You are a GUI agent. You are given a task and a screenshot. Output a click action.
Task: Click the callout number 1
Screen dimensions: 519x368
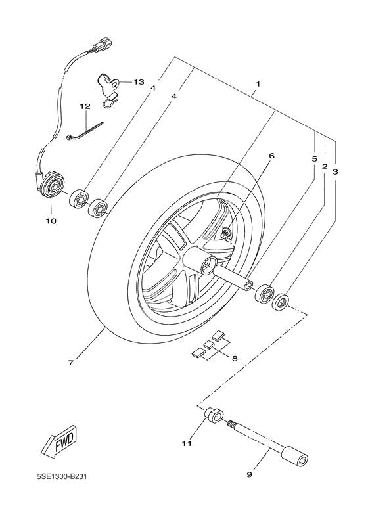coord(258,84)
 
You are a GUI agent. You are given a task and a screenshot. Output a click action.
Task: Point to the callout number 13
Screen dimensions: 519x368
coord(138,82)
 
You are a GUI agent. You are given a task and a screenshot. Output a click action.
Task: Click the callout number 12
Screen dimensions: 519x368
coord(84,106)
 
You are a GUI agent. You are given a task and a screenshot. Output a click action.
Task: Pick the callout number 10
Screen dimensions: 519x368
coord(51,221)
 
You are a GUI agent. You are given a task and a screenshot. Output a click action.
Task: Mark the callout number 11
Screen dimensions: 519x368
coord(187,444)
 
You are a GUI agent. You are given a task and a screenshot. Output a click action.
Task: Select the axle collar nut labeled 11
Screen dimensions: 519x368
coord(213,417)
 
